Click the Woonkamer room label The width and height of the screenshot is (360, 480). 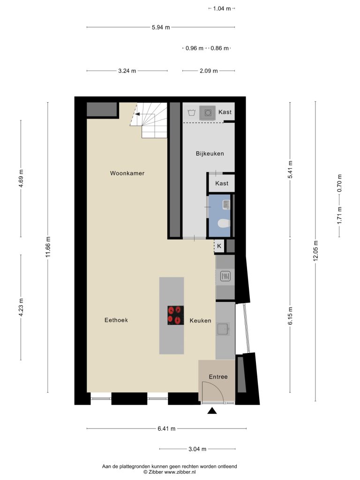coord(127,173)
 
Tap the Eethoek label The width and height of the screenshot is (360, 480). coord(116,320)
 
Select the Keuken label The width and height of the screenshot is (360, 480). coord(200,321)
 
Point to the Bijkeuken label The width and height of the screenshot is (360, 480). coord(210,154)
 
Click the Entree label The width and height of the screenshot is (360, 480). coord(218,377)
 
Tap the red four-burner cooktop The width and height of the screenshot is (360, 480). coord(176,315)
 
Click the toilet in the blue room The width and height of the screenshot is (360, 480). coord(224,224)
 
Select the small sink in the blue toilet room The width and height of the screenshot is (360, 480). coord(226,204)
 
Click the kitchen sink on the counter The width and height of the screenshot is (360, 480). coord(223,329)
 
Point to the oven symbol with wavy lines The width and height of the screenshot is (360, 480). coord(225,277)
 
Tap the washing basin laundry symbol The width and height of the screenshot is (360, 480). coord(192,112)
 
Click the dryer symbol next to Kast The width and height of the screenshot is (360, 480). coord(208,112)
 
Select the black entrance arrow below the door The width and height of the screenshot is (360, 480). coord(212,411)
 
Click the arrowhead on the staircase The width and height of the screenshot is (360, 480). coord(137,114)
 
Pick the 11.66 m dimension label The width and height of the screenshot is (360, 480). coord(48,247)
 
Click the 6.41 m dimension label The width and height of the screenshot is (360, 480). coord(166,428)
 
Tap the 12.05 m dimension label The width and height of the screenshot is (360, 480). coord(315,251)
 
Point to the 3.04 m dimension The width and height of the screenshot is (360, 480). coord(197,449)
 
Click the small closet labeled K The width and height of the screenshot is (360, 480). coord(219,246)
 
